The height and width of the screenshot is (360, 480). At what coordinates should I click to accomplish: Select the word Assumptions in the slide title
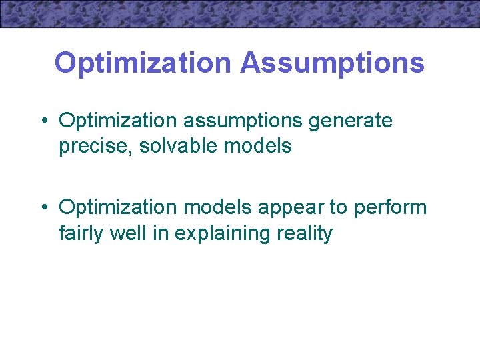tap(332, 63)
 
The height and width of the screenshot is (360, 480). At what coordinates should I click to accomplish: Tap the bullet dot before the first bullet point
tap(43, 121)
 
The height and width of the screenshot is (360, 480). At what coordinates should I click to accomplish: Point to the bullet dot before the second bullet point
tap(43, 207)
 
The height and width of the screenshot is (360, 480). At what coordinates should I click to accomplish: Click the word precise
tap(97, 146)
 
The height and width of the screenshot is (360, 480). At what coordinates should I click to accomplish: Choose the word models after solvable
tap(259, 146)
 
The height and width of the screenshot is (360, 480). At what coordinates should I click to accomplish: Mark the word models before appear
tap(217, 207)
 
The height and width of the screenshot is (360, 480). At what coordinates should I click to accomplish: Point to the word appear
tap(291, 207)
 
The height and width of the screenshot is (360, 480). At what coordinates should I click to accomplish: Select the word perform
tap(390, 207)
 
